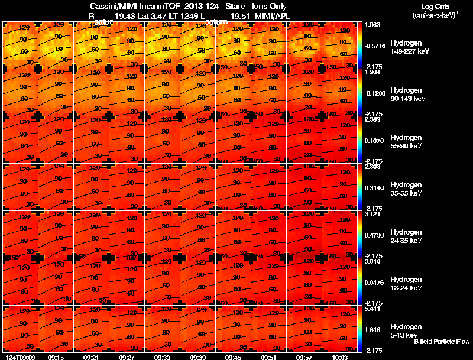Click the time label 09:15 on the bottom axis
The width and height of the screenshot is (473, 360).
pyautogui.click(x=56, y=357)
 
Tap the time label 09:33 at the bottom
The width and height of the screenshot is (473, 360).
pyautogui.click(x=163, y=357)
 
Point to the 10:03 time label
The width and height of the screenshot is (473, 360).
pyautogui.click(x=340, y=357)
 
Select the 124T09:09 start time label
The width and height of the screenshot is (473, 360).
pyautogui.click(x=20, y=357)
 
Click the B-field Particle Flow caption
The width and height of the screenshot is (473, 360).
pyautogui.click(x=441, y=342)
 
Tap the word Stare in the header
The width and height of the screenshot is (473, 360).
pyautogui.click(x=235, y=6)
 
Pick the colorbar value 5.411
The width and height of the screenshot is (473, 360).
pyautogui.click(x=372, y=309)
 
